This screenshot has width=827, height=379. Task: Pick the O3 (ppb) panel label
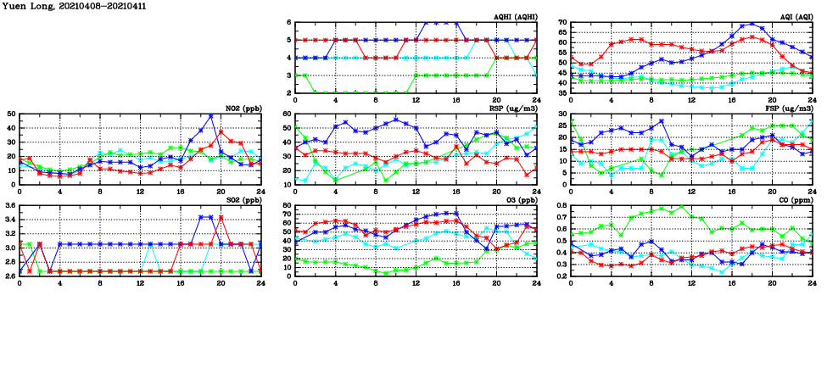pyautogui.click(x=521, y=199)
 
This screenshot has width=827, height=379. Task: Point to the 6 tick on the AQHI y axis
pyautogui.click(x=289, y=23)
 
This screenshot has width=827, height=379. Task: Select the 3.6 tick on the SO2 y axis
pyautogui.click(x=9, y=206)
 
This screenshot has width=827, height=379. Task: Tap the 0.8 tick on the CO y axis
pyautogui.click(x=560, y=206)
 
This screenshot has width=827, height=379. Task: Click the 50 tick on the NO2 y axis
pyautogui.click(x=10, y=114)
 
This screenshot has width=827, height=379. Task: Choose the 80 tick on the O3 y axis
pyautogui.click(x=287, y=206)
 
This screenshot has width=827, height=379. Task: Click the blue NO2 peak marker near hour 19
pyautogui.click(x=210, y=116)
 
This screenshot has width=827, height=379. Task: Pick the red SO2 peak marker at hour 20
pyautogui.click(x=221, y=217)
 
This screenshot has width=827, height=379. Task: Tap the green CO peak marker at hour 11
pyautogui.click(x=681, y=206)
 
